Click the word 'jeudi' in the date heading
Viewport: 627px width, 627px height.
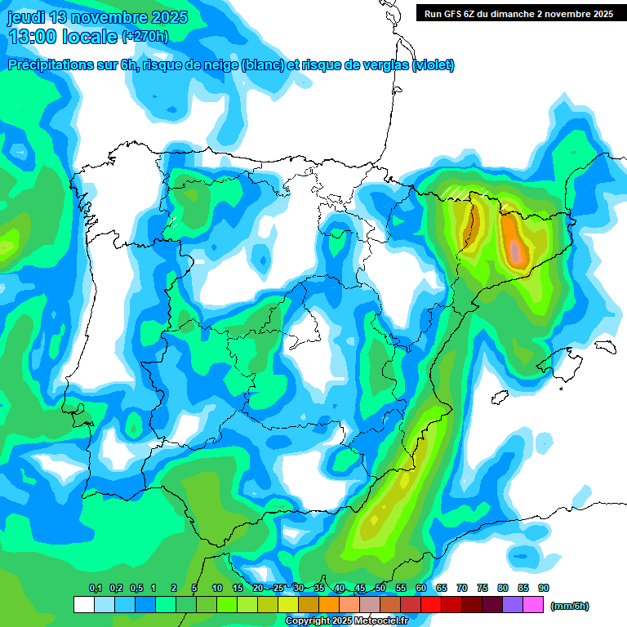(25, 17)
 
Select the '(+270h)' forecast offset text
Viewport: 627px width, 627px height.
(145, 37)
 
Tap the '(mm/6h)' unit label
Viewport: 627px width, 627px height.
(569, 606)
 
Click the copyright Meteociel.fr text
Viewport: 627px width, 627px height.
(345, 621)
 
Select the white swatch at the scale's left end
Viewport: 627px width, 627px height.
(83, 605)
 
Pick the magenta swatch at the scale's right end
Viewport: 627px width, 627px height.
(534, 605)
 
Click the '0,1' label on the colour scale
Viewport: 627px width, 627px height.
(95, 589)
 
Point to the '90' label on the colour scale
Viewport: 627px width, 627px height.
(543, 589)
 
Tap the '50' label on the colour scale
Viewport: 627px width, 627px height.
(380, 589)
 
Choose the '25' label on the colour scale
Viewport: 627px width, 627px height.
(278, 589)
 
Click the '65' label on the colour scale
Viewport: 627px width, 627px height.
(441, 589)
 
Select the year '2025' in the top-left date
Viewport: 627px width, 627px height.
(167, 17)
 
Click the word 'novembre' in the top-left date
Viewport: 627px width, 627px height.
(106, 17)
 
